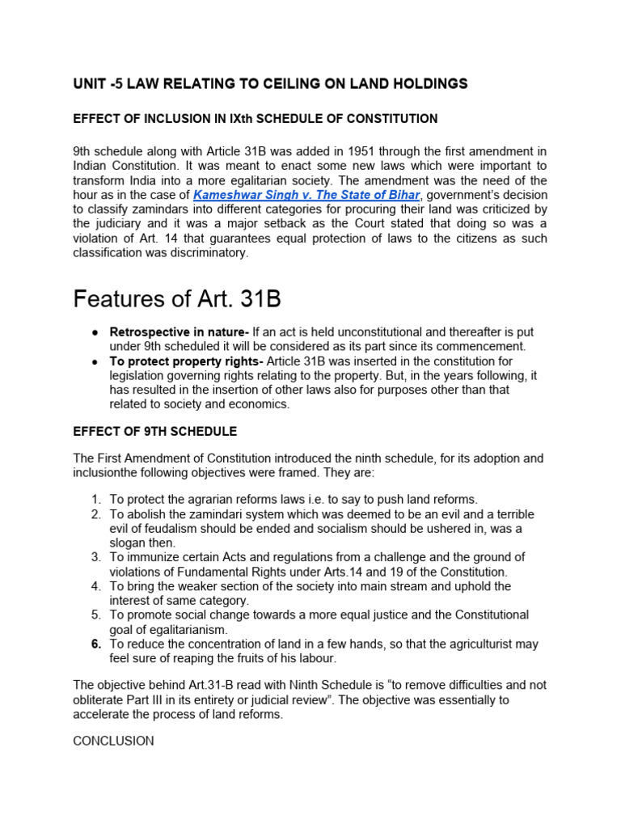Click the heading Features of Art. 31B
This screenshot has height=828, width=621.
point(177,298)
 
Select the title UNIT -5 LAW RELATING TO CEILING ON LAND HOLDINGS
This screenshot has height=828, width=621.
point(270,83)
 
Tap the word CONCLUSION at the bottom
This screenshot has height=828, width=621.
point(113,741)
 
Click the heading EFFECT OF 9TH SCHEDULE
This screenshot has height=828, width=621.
point(154,431)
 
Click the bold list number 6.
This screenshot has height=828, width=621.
point(95,644)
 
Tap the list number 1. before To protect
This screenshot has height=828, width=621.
point(95,499)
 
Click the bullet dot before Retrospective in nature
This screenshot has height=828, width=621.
point(95,332)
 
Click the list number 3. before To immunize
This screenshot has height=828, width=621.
point(95,557)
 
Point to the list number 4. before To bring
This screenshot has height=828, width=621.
point(95,586)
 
